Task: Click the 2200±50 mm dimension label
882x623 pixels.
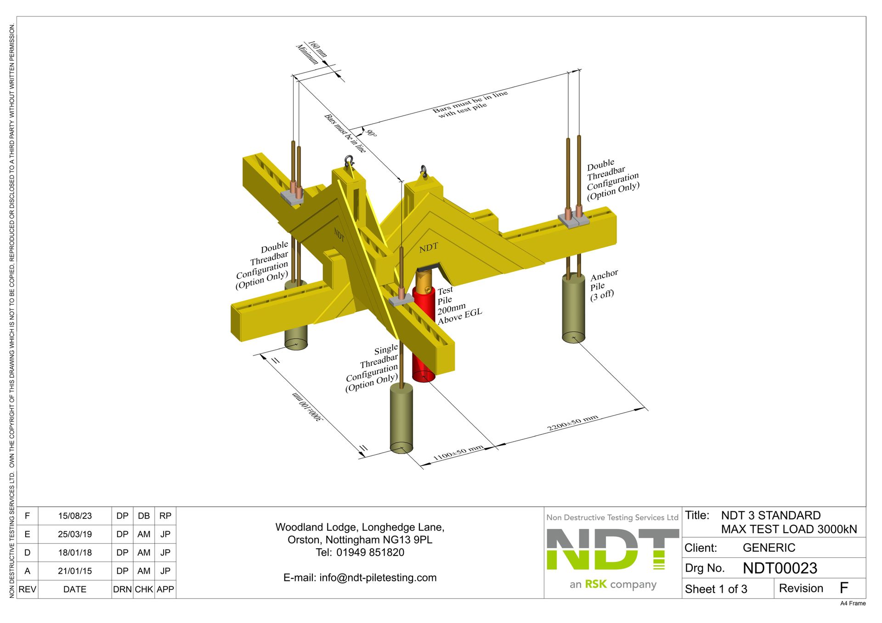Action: (572, 423)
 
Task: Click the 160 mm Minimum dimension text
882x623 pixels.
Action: (312, 52)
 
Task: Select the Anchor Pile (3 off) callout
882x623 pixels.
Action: (603, 286)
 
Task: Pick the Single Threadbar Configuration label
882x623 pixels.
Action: (373, 368)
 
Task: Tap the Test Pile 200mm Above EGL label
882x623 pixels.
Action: (458, 305)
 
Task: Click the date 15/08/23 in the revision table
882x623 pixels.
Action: (75, 516)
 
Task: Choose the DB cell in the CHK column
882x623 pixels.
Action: (144, 516)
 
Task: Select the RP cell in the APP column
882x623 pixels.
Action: (165, 516)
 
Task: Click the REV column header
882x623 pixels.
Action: (27, 589)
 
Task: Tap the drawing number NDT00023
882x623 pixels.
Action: (780, 568)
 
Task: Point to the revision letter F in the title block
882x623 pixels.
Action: (843, 588)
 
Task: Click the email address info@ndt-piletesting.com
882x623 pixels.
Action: (378, 578)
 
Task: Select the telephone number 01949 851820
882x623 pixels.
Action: (370, 552)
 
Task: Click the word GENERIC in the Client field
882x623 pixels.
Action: (769, 548)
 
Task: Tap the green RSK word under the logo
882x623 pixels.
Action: (596, 584)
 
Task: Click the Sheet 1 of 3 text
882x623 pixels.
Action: (716, 589)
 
